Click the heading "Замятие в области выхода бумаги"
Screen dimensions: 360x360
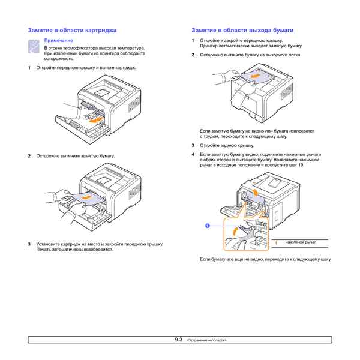(242, 29)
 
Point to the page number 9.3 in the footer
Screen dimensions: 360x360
(178, 340)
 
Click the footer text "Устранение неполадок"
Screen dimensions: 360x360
(207, 340)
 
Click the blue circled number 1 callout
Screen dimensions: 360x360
(207, 226)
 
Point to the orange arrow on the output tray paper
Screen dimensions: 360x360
(256, 77)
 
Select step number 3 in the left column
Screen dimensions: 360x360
(29, 244)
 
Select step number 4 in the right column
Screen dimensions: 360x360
(193, 154)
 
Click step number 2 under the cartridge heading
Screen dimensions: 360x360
(29, 156)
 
